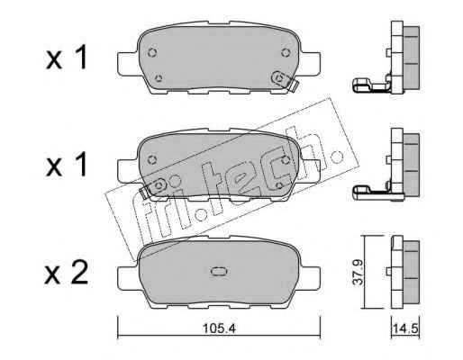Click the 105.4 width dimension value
tap(219, 328)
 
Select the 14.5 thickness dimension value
tap(405, 328)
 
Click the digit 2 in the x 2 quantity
tap(78, 273)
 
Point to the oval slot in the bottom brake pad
tap(219, 271)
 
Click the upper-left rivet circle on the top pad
tap(152, 53)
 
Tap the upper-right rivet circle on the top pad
tap(286, 52)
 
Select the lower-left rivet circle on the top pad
tap(159, 78)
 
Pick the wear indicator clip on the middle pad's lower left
tap(145, 193)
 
